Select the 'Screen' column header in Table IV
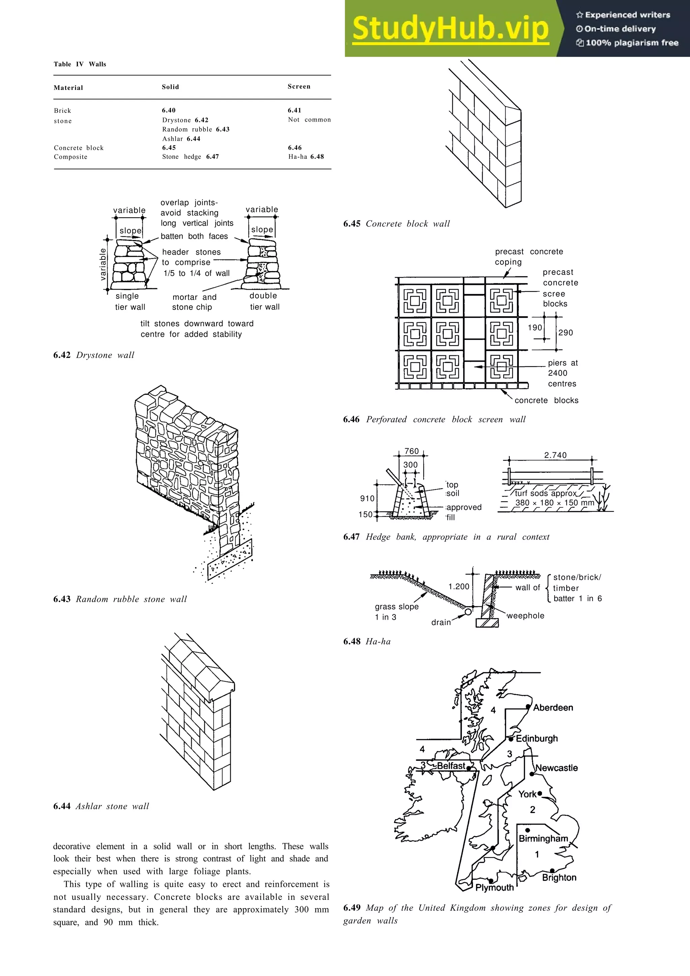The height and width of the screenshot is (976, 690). pyautogui.click(x=299, y=87)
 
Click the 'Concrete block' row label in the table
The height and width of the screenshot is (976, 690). pyautogui.click(x=79, y=148)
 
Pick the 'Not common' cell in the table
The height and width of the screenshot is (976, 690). pyautogui.click(x=309, y=120)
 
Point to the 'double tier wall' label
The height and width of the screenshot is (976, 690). pyautogui.click(x=264, y=301)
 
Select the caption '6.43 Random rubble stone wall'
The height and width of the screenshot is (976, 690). pyautogui.click(x=120, y=599)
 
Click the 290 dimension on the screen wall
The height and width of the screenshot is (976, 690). pyautogui.click(x=565, y=332)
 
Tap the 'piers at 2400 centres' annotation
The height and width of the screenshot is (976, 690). pyautogui.click(x=562, y=373)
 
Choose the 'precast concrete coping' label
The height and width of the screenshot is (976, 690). pyautogui.click(x=528, y=256)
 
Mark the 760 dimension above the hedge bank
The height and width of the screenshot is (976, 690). pyautogui.click(x=411, y=451)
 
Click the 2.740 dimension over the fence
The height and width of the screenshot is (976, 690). pyautogui.click(x=555, y=455)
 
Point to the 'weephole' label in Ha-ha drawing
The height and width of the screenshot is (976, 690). pyautogui.click(x=526, y=616)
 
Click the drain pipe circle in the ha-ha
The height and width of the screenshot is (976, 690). pyautogui.click(x=468, y=612)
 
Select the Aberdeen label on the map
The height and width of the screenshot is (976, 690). pyautogui.click(x=553, y=707)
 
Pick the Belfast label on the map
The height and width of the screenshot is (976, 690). pyautogui.click(x=451, y=766)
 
